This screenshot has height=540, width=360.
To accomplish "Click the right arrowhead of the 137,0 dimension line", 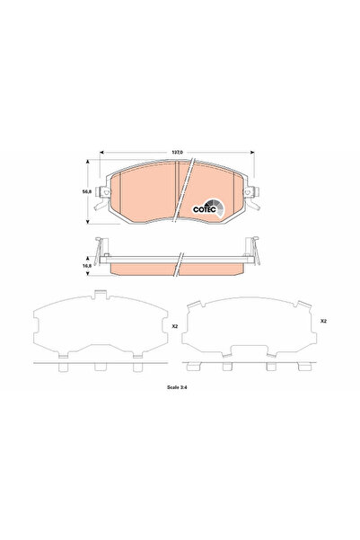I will [250, 157].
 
